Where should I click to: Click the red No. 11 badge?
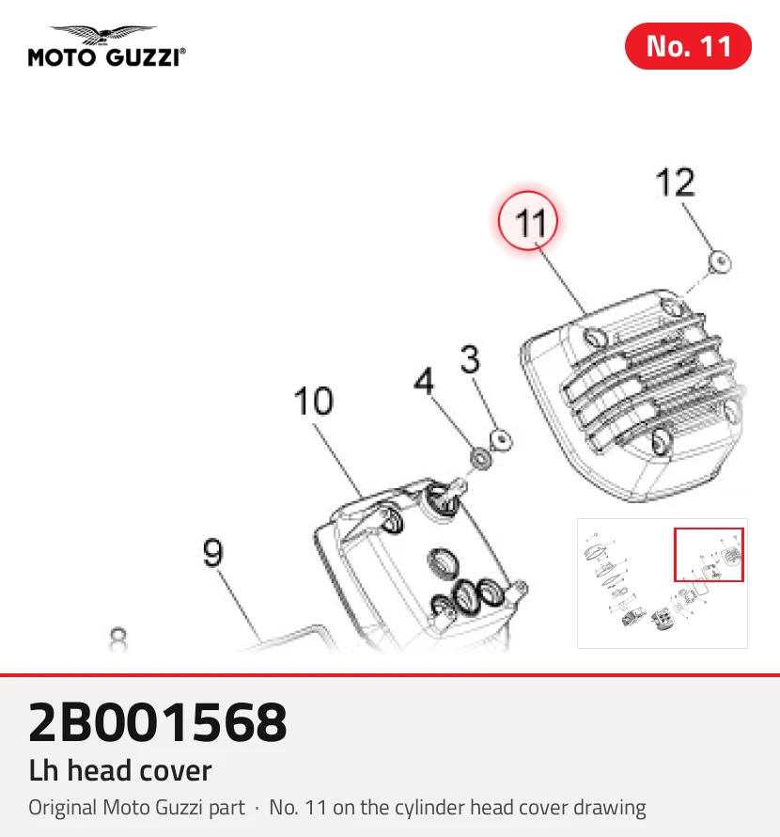[688, 46]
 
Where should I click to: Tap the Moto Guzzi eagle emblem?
[103, 35]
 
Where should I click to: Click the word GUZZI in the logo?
[144, 57]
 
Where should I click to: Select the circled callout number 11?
[528, 221]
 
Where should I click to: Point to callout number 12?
[676, 182]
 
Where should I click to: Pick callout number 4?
[424, 381]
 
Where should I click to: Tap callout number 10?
[313, 401]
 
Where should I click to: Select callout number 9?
[213, 552]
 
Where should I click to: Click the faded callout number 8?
[117, 640]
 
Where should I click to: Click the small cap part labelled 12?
[720, 262]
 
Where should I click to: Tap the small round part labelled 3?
[501, 441]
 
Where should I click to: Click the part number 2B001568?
[157, 723]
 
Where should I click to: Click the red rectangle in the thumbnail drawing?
[709, 555]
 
